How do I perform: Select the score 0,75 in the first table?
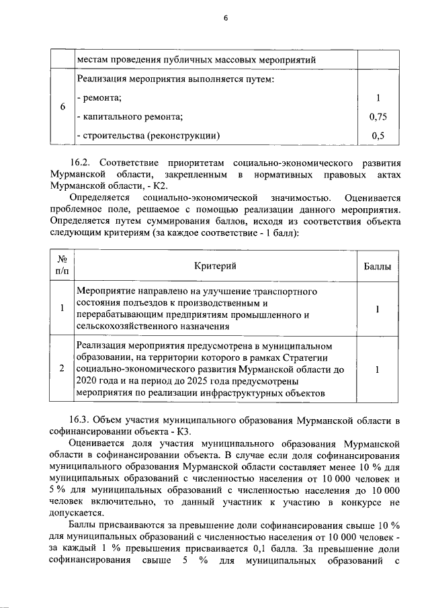[378, 118]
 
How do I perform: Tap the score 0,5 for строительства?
[378, 136]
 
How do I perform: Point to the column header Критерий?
[215, 267]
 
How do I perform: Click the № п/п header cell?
[62, 266]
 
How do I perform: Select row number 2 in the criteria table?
[62, 369]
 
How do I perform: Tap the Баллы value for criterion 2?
[378, 369]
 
